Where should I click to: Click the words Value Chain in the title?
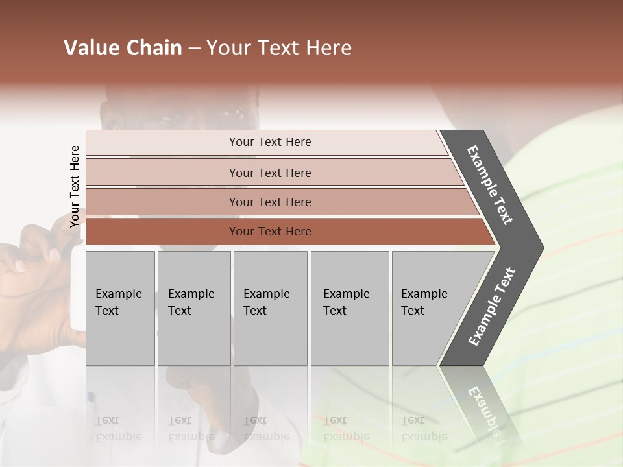pos(123,48)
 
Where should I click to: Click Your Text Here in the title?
pos(279,48)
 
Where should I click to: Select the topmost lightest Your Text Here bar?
pos(269,142)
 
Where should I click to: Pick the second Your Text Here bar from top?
pos(269,173)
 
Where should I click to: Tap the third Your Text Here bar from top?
pos(269,202)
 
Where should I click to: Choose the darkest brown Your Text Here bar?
pos(269,232)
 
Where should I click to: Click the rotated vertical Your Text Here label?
pos(75,186)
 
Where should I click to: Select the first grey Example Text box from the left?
pos(120,308)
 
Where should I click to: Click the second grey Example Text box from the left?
pos(193,308)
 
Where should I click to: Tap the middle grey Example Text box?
pos(270,308)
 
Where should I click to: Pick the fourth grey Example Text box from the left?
pos(349,308)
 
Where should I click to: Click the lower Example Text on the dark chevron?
pos(492,306)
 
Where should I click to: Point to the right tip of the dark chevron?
pos(542,247)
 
